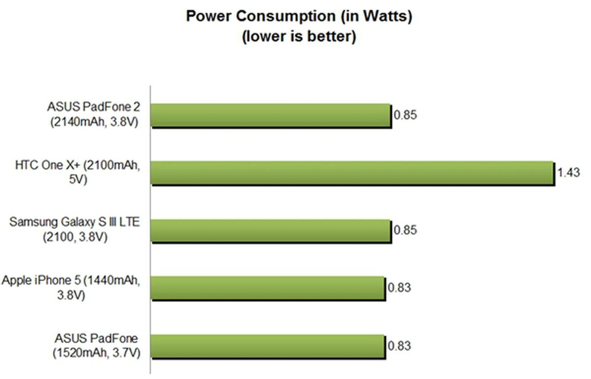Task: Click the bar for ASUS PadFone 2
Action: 271,115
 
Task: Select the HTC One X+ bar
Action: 352,173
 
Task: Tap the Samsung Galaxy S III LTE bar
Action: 271,230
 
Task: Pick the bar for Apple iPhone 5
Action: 268,288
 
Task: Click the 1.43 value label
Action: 569,173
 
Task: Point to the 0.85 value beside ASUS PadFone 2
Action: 405,115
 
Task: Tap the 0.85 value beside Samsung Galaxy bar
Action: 405,230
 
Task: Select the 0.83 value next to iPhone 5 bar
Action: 399,288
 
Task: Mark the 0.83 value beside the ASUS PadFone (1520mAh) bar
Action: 399,346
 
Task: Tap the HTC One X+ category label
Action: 78,172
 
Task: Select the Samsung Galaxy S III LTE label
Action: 75,229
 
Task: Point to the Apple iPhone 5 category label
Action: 71,287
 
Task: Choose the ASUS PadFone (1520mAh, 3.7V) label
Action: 96,345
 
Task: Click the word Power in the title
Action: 208,16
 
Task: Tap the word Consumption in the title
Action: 286,16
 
